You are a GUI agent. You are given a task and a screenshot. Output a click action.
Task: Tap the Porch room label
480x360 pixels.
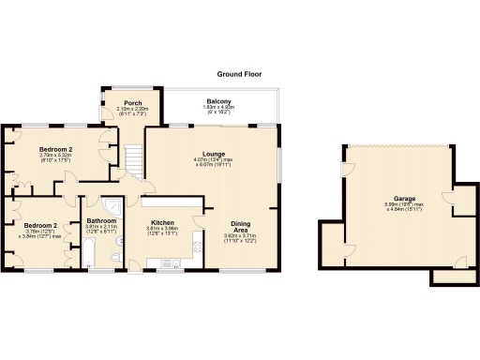(x=122, y=103)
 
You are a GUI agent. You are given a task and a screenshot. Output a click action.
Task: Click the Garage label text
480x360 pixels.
(x=404, y=199)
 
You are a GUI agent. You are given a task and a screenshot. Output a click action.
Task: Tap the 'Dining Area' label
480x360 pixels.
(x=241, y=226)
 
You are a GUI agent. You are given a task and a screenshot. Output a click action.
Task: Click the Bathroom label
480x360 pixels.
(x=101, y=220)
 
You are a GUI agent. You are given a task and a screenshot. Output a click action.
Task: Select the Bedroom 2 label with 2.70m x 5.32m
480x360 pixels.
(x=55, y=149)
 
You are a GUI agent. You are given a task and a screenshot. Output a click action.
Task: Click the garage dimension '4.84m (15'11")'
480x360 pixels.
(x=406, y=209)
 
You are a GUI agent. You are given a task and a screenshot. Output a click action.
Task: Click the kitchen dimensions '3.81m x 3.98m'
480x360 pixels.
(x=164, y=229)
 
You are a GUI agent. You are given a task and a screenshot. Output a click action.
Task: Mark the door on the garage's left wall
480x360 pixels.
(x=346, y=171)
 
